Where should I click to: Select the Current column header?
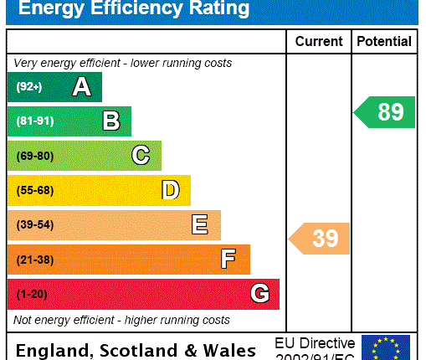(x=319, y=41)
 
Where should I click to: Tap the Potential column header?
(x=384, y=41)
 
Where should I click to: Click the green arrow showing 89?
(x=385, y=112)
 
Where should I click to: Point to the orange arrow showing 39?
(x=321, y=239)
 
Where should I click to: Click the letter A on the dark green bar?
(x=81, y=86)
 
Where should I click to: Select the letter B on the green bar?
(x=111, y=121)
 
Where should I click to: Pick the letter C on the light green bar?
(x=141, y=156)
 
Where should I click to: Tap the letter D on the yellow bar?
(x=171, y=190)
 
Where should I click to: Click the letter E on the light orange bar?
(x=199, y=224)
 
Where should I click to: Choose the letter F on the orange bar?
(x=228, y=260)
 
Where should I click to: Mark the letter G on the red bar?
(x=259, y=294)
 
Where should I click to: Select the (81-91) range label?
(x=34, y=121)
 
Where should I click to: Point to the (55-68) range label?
(x=34, y=190)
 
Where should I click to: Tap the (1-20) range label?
(x=32, y=294)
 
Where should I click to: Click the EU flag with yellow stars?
(x=385, y=347)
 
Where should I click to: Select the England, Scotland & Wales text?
(x=136, y=350)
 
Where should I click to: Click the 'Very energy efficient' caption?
(x=122, y=63)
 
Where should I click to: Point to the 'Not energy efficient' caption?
(x=121, y=320)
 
